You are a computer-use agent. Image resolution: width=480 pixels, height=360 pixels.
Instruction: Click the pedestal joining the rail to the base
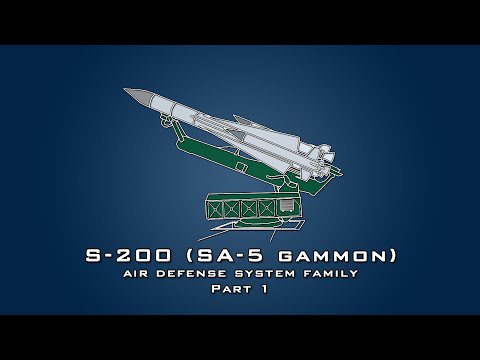click(x=289, y=181)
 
